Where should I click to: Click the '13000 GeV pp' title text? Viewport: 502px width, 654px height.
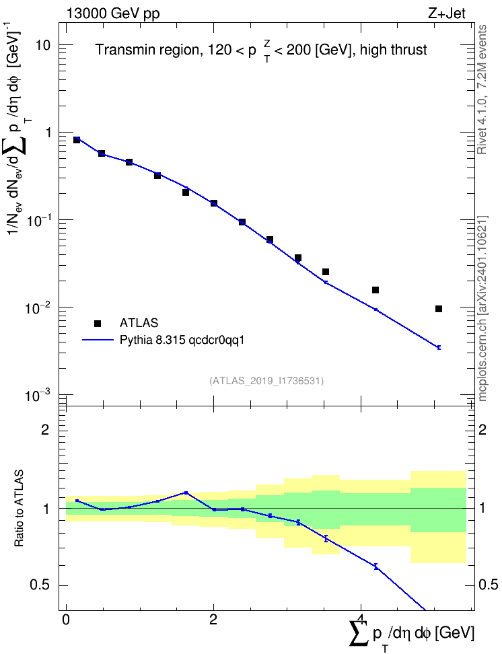(x=112, y=13)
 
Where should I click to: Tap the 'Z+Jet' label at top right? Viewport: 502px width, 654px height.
(x=447, y=13)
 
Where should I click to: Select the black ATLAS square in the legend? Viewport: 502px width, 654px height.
(x=97, y=323)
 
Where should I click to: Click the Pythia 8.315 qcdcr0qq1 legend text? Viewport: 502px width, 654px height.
(x=182, y=340)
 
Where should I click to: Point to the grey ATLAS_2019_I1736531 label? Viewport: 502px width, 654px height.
(x=266, y=380)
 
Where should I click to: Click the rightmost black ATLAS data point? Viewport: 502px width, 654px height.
(x=439, y=309)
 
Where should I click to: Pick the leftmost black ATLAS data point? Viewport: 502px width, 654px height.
(x=77, y=140)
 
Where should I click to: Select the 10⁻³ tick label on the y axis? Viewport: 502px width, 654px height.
(x=38, y=394)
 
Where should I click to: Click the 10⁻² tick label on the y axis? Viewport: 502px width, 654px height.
(x=38, y=307)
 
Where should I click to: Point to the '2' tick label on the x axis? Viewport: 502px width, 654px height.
(x=213, y=620)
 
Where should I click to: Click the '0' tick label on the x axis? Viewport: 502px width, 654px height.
(x=66, y=620)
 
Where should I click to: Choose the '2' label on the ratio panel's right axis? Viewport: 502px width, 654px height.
(x=482, y=429)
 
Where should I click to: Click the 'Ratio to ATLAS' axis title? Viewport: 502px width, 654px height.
(x=19, y=508)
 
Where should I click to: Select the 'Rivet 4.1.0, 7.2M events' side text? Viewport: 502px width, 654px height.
(x=482, y=89)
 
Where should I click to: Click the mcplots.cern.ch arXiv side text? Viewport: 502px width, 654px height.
(x=482, y=308)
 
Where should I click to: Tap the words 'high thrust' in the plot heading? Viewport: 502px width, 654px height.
(x=394, y=50)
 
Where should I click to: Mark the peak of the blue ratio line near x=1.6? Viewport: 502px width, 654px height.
(x=186, y=493)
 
